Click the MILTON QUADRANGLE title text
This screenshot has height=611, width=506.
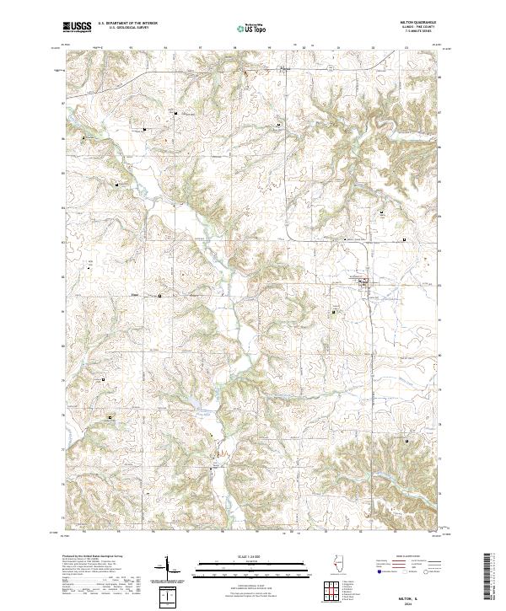(x=423, y=24)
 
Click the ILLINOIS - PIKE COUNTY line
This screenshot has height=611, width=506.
(x=423, y=29)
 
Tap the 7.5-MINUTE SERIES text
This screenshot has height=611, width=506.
(x=423, y=34)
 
